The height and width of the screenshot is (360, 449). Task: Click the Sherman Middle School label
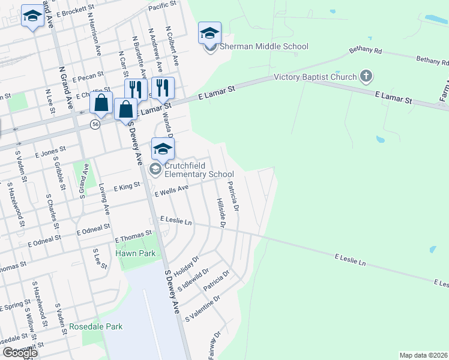(x=264, y=46)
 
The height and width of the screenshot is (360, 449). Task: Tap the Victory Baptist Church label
(x=316, y=77)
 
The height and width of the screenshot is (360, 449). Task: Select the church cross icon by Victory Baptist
(x=366, y=76)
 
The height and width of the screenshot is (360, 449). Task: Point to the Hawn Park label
(x=136, y=253)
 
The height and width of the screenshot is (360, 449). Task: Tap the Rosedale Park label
(x=96, y=326)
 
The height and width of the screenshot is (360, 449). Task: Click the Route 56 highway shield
(x=95, y=124)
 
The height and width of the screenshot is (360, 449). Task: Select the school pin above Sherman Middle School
(x=210, y=33)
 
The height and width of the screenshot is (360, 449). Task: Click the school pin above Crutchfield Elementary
(x=163, y=149)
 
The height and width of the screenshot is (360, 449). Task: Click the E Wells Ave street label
(x=172, y=191)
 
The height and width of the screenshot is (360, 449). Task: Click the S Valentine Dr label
(x=203, y=307)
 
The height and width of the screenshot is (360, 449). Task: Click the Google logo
(x=20, y=353)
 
